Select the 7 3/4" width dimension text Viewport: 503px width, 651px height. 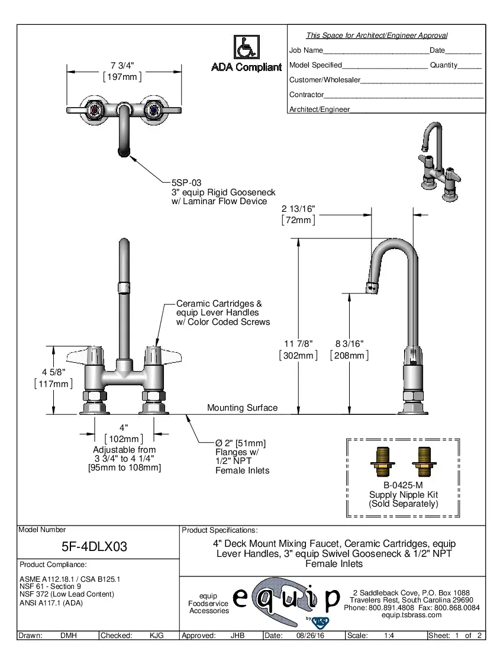click(122, 65)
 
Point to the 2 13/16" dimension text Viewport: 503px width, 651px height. click(298, 208)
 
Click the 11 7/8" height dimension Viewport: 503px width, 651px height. click(298, 343)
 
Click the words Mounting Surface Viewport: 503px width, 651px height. click(242, 408)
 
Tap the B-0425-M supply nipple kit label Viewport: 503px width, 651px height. click(403, 485)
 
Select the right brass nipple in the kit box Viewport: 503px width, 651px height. click(424, 462)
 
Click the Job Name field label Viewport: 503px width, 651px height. click(306, 51)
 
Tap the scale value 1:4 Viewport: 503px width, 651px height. click(389, 636)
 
